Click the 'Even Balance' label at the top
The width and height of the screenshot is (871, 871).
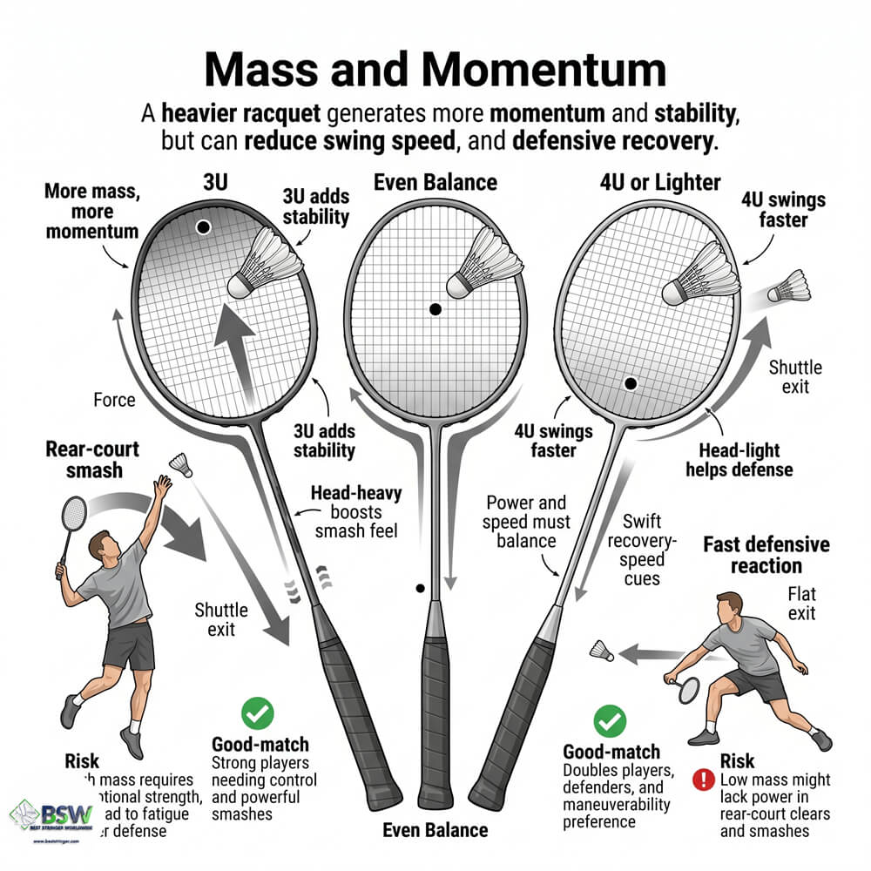point(435,183)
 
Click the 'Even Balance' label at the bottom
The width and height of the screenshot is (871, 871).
point(435,829)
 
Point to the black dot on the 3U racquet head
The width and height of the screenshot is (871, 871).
point(203,227)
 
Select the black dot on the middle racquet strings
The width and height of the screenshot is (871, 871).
point(435,309)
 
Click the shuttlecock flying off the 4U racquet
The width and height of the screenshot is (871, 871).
point(789,287)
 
